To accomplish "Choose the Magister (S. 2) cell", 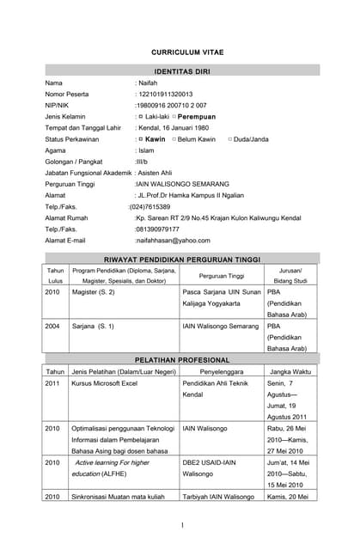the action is (x=93, y=292).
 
